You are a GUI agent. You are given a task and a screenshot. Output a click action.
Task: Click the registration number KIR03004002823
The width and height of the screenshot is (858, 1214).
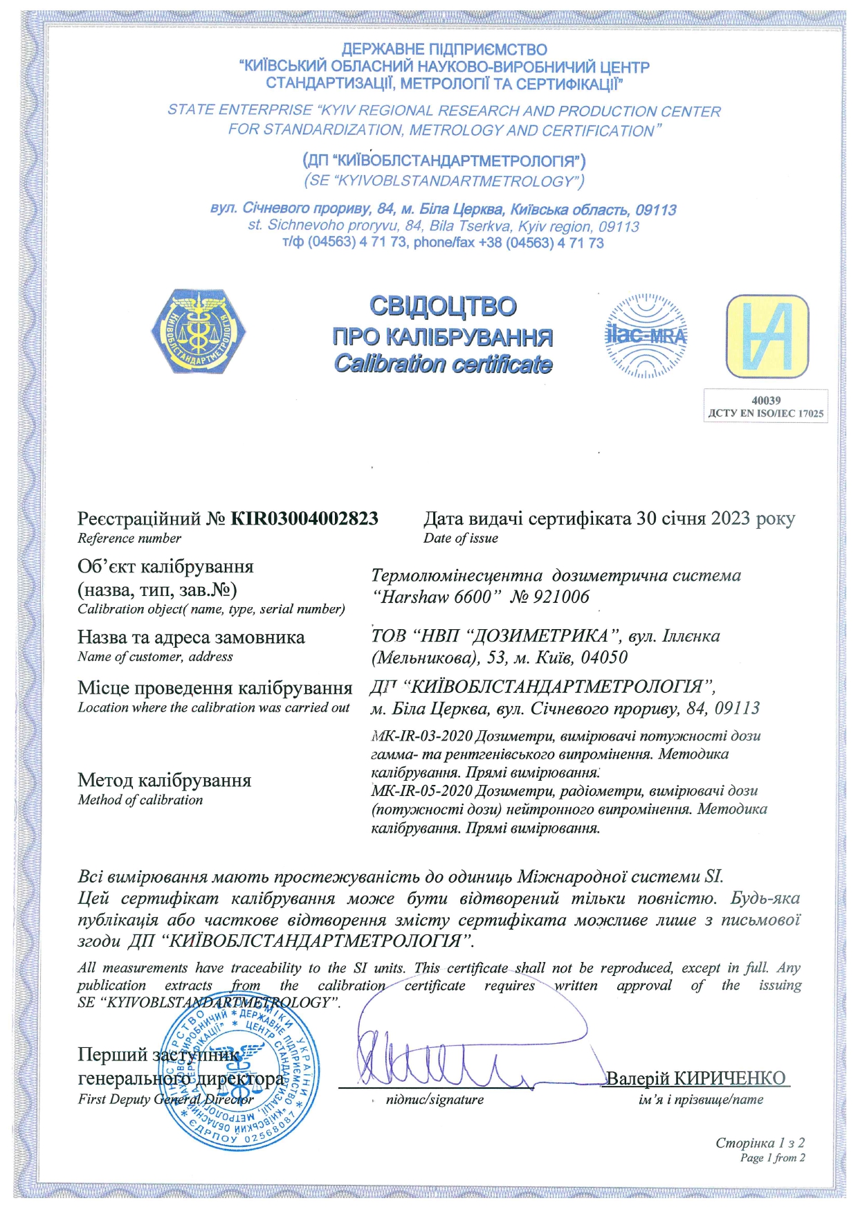coord(304,518)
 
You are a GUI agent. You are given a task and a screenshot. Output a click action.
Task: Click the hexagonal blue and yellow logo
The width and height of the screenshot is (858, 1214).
coord(199,333)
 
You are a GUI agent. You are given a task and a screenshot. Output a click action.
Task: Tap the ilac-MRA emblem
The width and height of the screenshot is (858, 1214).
coord(646,336)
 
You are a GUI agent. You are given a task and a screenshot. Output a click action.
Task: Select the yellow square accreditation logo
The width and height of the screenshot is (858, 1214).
coord(767,336)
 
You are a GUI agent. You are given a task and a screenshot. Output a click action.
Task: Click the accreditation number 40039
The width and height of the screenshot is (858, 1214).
coord(766,400)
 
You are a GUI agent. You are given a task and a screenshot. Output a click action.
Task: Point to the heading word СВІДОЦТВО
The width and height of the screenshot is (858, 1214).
coord(443,306)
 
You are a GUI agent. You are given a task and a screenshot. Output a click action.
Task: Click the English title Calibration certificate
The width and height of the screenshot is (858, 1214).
coord(443,364)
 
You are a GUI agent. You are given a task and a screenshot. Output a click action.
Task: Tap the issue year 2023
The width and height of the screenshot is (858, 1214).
coord(730,518)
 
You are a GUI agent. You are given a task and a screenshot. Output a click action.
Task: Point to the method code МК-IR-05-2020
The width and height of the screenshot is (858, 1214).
coord(421,790)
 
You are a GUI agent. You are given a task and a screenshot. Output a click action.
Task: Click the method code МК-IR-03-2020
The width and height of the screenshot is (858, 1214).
coord(421,736)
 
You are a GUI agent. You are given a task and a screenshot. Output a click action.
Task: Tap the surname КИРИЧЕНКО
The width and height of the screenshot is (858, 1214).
coord(729,1078)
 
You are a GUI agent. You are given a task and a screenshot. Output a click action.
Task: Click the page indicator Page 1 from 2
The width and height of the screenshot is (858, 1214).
coord(772,1157)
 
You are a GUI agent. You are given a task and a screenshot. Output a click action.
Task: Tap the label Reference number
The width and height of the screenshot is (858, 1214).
coord(129,538)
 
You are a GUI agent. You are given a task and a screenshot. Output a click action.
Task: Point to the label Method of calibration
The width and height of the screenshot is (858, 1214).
coord(140,800)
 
